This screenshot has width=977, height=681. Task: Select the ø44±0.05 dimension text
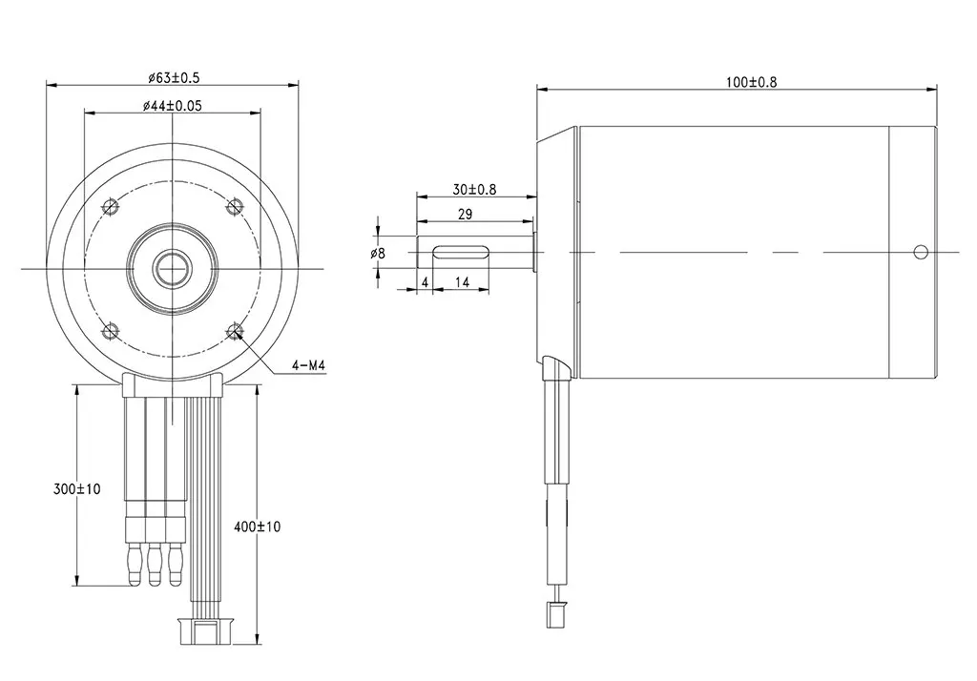click(x=172, y=106)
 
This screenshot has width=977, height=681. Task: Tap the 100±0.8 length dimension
click(x=751, y=82)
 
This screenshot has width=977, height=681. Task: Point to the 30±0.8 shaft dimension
click(x=473, y=189)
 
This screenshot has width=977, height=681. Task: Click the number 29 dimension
click(x=465, y=215)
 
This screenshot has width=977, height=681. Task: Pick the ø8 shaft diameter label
click(x=378, y=254)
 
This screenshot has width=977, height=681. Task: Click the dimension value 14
click(x=461, y=283)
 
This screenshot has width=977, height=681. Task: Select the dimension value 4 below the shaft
click(x=425, y=283)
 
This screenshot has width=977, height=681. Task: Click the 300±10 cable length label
click(x=76, y=489)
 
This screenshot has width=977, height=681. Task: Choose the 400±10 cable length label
click(x=258, y=526)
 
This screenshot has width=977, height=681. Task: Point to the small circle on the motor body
click(x=920, y=252)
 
